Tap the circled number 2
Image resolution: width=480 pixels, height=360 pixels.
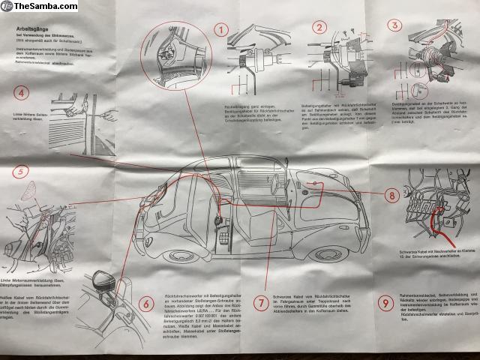(x=320, y=28)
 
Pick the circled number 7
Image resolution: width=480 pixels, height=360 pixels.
(x=259, y=304)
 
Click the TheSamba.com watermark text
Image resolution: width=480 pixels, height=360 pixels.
(x=34, y=7)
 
